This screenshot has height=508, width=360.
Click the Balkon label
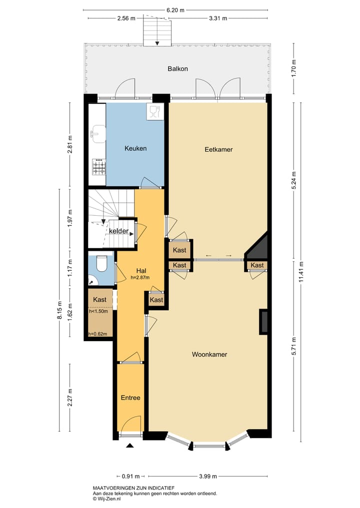pos(177,69)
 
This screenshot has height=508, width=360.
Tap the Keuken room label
pos(135,148)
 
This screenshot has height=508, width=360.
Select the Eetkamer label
pos(218,149)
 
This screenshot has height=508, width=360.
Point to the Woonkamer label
pos(209,354)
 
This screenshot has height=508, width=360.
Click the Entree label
pos(130,398)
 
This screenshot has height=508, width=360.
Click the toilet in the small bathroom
pos(102,263)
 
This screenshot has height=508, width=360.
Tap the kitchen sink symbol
pos(96,133)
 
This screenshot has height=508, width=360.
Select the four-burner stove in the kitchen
pos(98,167)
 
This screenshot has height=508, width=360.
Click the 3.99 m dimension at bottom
pos(208,476)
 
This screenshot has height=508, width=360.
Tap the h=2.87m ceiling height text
pos(140,278)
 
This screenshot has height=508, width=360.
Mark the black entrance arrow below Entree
pos(130,446)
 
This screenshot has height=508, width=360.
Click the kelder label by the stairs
pos(119,231)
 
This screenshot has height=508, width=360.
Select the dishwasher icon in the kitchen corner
pos(153,111)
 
